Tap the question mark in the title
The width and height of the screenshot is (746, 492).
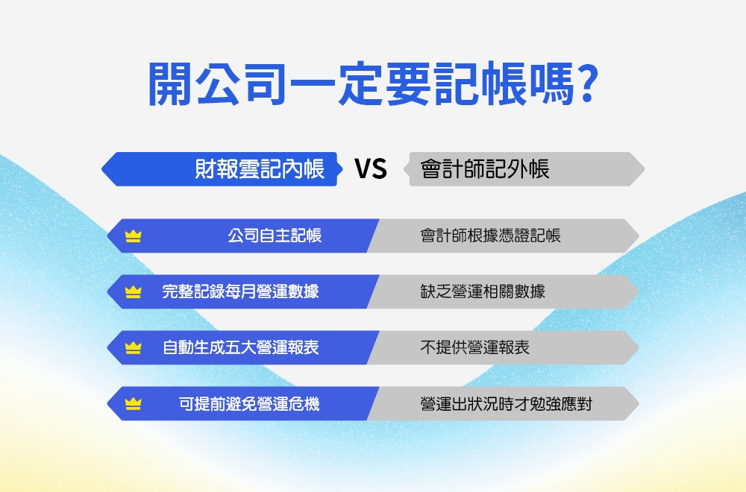[586, 83]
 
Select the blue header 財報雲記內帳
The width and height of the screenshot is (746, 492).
[260, 169]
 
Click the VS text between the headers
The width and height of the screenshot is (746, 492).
[371, 170]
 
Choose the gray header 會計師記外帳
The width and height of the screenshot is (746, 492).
[485, 169]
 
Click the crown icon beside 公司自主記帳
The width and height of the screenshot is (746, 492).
[134, 236]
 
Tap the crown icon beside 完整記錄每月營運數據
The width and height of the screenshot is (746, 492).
[134, 292]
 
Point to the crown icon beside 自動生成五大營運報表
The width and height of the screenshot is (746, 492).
[134, 348]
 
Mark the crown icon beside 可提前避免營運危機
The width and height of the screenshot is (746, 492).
[134, 404]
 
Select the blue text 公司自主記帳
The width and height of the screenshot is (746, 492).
[275, 236]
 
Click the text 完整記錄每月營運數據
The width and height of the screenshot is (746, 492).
[241, 291]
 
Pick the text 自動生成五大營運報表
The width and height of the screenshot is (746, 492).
[241, 347]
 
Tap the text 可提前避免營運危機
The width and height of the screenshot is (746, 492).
[249, 404]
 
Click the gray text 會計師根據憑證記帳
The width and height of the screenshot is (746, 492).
[490, 236]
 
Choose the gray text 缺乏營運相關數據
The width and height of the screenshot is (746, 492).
[483, 291]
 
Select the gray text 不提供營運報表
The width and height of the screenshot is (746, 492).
[474, 347]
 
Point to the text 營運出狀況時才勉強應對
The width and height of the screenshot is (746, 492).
[506, 404]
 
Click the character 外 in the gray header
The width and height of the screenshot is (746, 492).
[517, 169]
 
